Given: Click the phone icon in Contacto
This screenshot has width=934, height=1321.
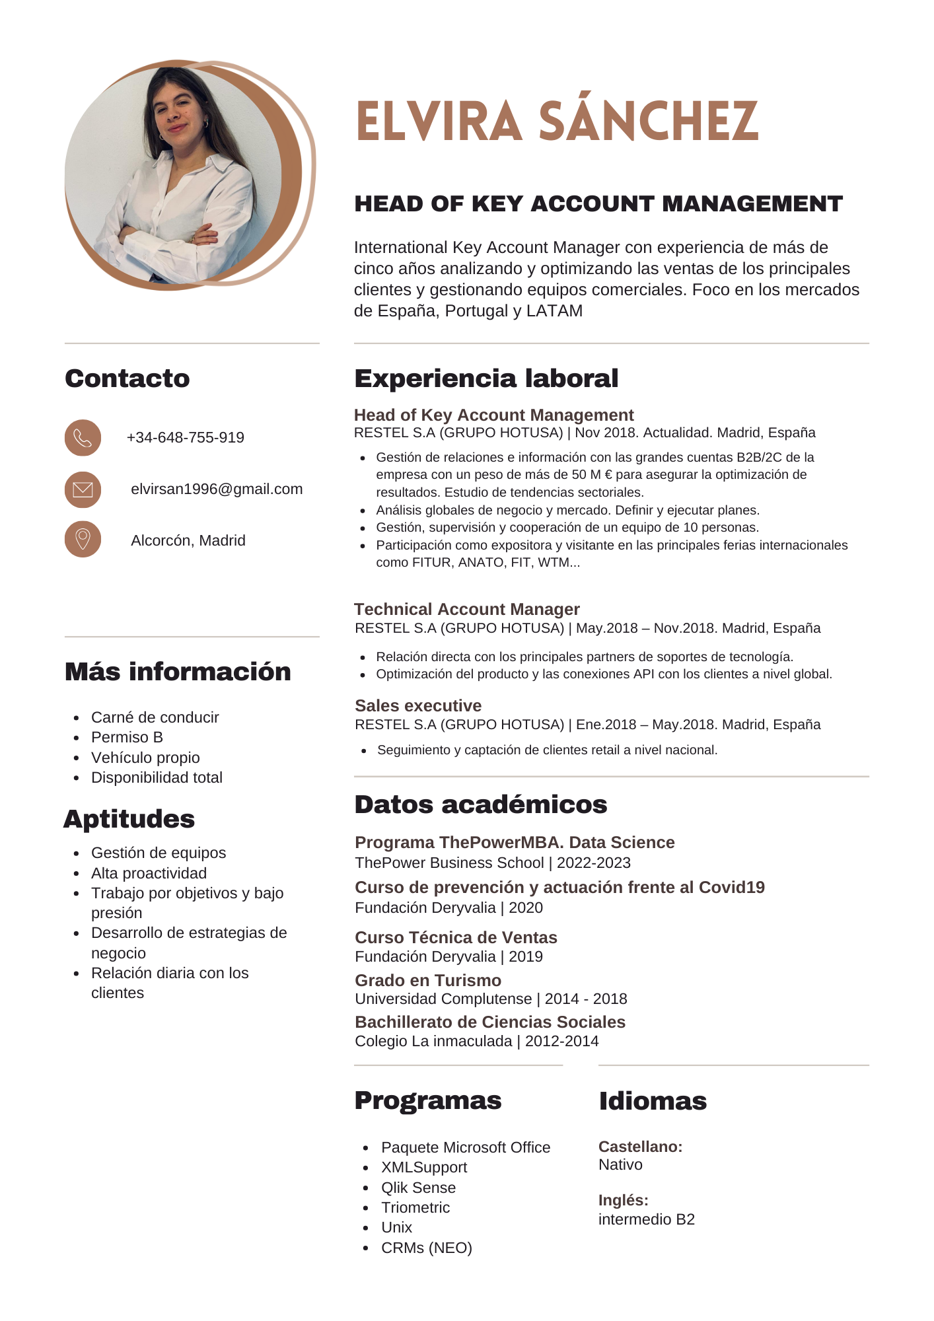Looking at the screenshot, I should tap(83, 438).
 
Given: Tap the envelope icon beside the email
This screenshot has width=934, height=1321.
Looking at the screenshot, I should tap(83, 489).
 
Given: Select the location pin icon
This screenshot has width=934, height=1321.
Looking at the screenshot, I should tap(83, 540).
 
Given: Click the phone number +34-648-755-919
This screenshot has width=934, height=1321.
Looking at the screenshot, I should tap(185, 438).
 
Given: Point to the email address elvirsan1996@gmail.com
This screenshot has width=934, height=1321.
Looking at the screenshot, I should tap(217, 489).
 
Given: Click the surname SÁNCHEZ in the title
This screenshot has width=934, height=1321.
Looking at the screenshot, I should tap(648, 122).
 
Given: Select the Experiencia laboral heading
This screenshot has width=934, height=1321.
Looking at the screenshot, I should tap(486, 379).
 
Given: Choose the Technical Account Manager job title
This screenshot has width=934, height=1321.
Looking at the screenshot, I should tap(466, 609).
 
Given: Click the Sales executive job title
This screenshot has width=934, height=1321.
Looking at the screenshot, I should tap(418, 705).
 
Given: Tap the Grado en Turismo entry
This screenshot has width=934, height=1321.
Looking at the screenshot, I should tap(428, 980).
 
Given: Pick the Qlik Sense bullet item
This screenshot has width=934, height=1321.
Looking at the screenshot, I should tap(418, 1188).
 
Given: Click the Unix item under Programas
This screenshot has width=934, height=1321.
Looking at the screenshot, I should tap(396, 1227).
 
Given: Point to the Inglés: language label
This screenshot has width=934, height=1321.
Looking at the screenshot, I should tap(623, 1200).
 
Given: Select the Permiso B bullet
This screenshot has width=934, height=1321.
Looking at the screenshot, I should tap(127, 737).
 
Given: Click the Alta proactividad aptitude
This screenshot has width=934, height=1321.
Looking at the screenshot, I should tap(149, 873).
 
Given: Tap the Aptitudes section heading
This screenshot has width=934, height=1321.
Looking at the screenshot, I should tap(129, 820).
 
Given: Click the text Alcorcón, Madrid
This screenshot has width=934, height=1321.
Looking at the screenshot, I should tap(188, 541).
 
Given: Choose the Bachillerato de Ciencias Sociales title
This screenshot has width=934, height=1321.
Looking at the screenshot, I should tap(489, 1022).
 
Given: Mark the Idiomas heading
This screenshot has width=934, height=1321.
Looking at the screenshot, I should tap(653, 1102).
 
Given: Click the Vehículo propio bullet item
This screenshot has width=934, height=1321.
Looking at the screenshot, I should tap(145, 758).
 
